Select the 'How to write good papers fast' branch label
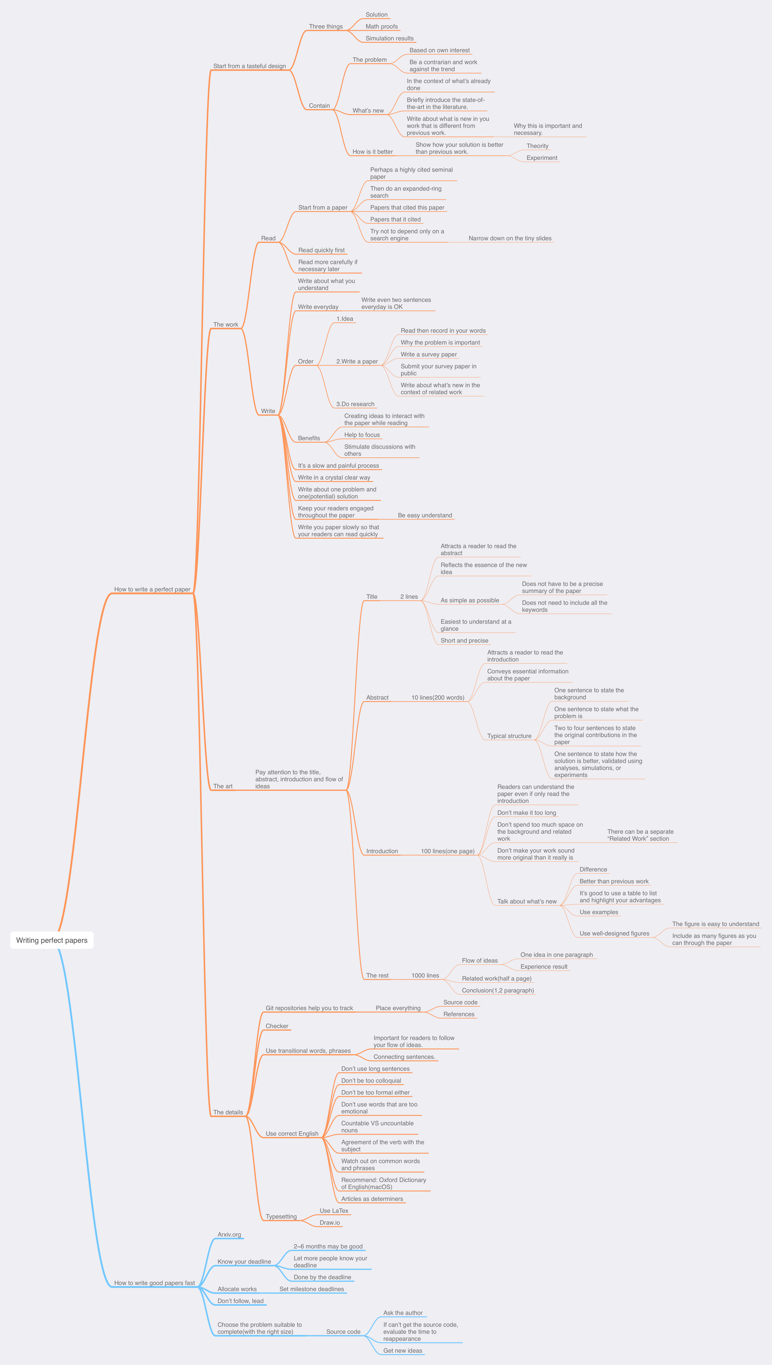154,1283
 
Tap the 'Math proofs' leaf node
381,27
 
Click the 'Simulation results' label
389,38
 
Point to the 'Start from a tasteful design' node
249,66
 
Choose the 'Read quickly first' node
321,250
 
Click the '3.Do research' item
355,404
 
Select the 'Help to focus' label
362,435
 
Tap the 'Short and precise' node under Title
464,640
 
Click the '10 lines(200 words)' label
438,698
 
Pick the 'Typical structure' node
509,736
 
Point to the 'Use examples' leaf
599,912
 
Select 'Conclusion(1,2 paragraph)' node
497,990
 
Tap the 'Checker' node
277,1026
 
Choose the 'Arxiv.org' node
229,1234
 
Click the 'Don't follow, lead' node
240,1301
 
